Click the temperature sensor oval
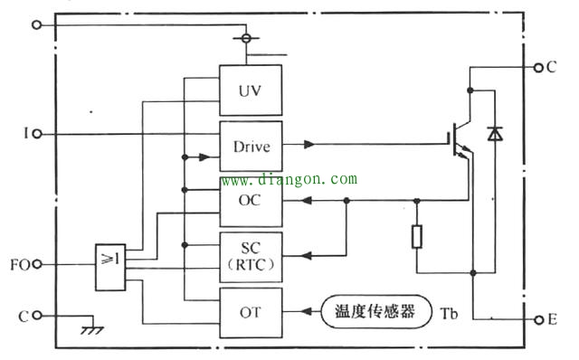[x=375, y=312]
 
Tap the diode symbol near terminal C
[x=494, y=134]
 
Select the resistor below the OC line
[x=417, y=237]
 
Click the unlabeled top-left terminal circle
[x=36, y=25]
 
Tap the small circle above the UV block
[x=243, y=39]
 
